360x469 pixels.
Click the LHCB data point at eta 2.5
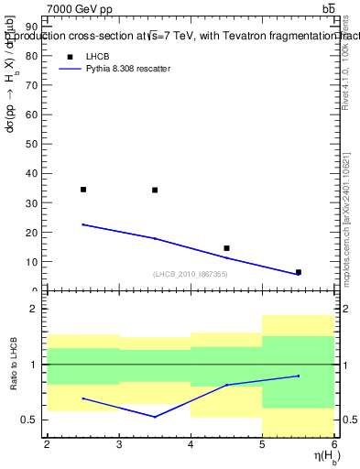83,190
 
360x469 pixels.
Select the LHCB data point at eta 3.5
155,190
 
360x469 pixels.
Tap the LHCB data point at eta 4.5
226,248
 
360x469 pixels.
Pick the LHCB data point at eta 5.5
299,272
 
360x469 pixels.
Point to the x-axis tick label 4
191,445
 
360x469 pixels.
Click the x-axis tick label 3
119,445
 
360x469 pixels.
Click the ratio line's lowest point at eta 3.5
155,417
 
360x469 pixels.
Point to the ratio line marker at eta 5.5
299,376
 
